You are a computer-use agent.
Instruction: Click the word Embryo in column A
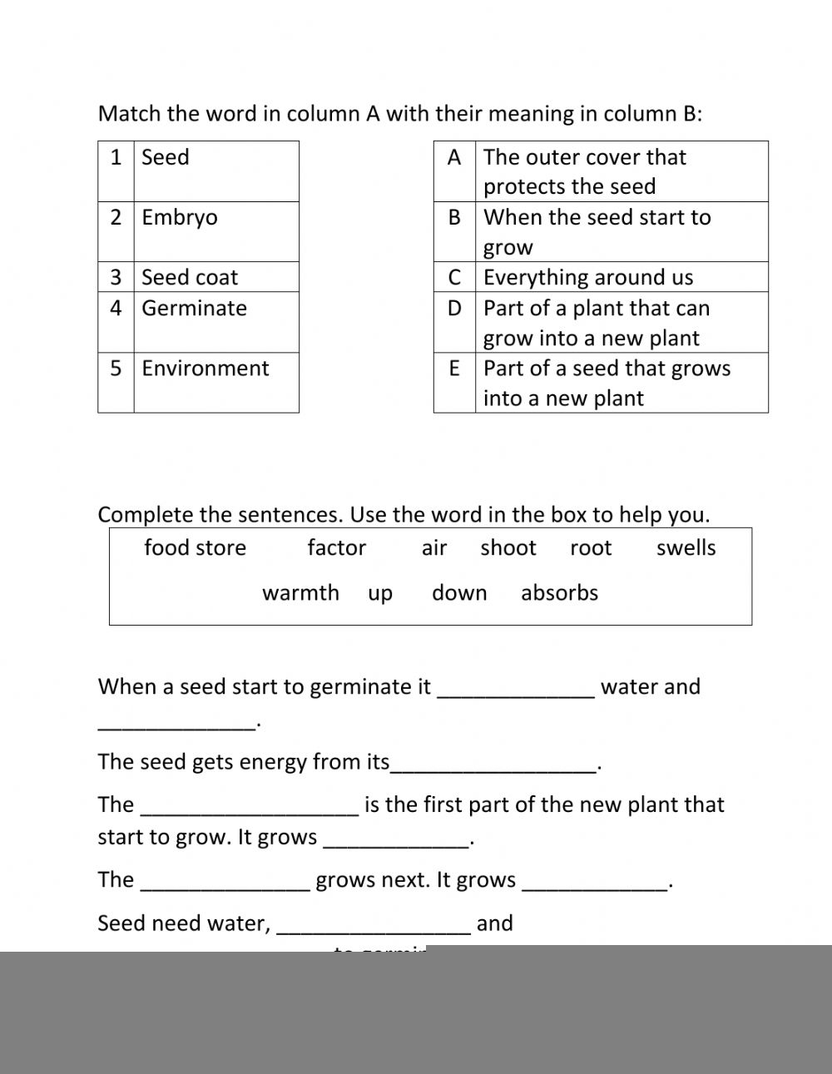(x=180, y=218)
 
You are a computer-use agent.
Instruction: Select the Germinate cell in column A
(x=195, y=309)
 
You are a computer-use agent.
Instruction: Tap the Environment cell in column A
(x=206, y=369)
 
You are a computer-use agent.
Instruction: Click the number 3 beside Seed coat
(x=116, y=277)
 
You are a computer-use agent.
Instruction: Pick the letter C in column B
(x=454, y=277)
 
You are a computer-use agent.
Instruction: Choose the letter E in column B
(x=454, y=369)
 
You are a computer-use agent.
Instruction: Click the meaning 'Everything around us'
(x=588, y=277)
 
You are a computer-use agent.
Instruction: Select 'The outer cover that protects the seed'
(x=585, y=171)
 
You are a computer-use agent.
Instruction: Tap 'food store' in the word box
(x=196, y=548)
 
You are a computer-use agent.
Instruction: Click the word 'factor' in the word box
(x=337, y=548)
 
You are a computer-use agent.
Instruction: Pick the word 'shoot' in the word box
(x=508, y=548)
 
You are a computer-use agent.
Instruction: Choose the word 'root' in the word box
(x=591, y=548)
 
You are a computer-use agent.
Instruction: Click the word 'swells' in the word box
(x=686, y=548)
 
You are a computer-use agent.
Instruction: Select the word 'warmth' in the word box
(x=301, y=593)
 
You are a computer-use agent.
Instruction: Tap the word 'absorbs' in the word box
(x=560, y=593)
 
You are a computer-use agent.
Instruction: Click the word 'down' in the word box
(x=459, y=593)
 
